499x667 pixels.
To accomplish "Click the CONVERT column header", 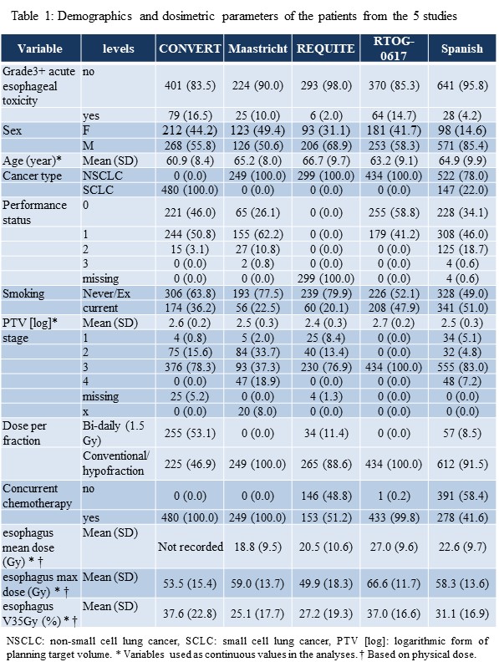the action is coord(190,48).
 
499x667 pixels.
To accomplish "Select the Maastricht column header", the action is coord(257,48).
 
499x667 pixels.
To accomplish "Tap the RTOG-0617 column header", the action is coord(394,48).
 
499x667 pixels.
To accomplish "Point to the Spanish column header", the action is coord(462,48).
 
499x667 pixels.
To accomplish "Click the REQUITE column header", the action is coord(326,48).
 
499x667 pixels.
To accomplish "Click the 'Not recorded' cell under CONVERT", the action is coord(191,547).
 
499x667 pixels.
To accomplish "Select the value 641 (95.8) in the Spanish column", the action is coord(462,85).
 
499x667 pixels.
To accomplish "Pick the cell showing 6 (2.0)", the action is coord(326,115).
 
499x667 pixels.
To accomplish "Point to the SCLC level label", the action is coord(99,190).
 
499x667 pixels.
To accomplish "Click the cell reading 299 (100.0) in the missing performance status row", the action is coord(326,278).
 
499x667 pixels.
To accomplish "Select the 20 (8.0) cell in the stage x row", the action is coord(257,411).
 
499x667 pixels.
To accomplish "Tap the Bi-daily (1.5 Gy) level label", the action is coord(114,433).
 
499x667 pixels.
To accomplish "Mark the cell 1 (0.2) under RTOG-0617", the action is coord(394,496).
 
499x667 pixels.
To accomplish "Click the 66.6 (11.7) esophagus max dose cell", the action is coord(394,583).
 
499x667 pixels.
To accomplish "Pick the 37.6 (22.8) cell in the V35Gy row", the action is coord(190,614).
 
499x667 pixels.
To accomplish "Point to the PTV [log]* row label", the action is coord(30,323).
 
